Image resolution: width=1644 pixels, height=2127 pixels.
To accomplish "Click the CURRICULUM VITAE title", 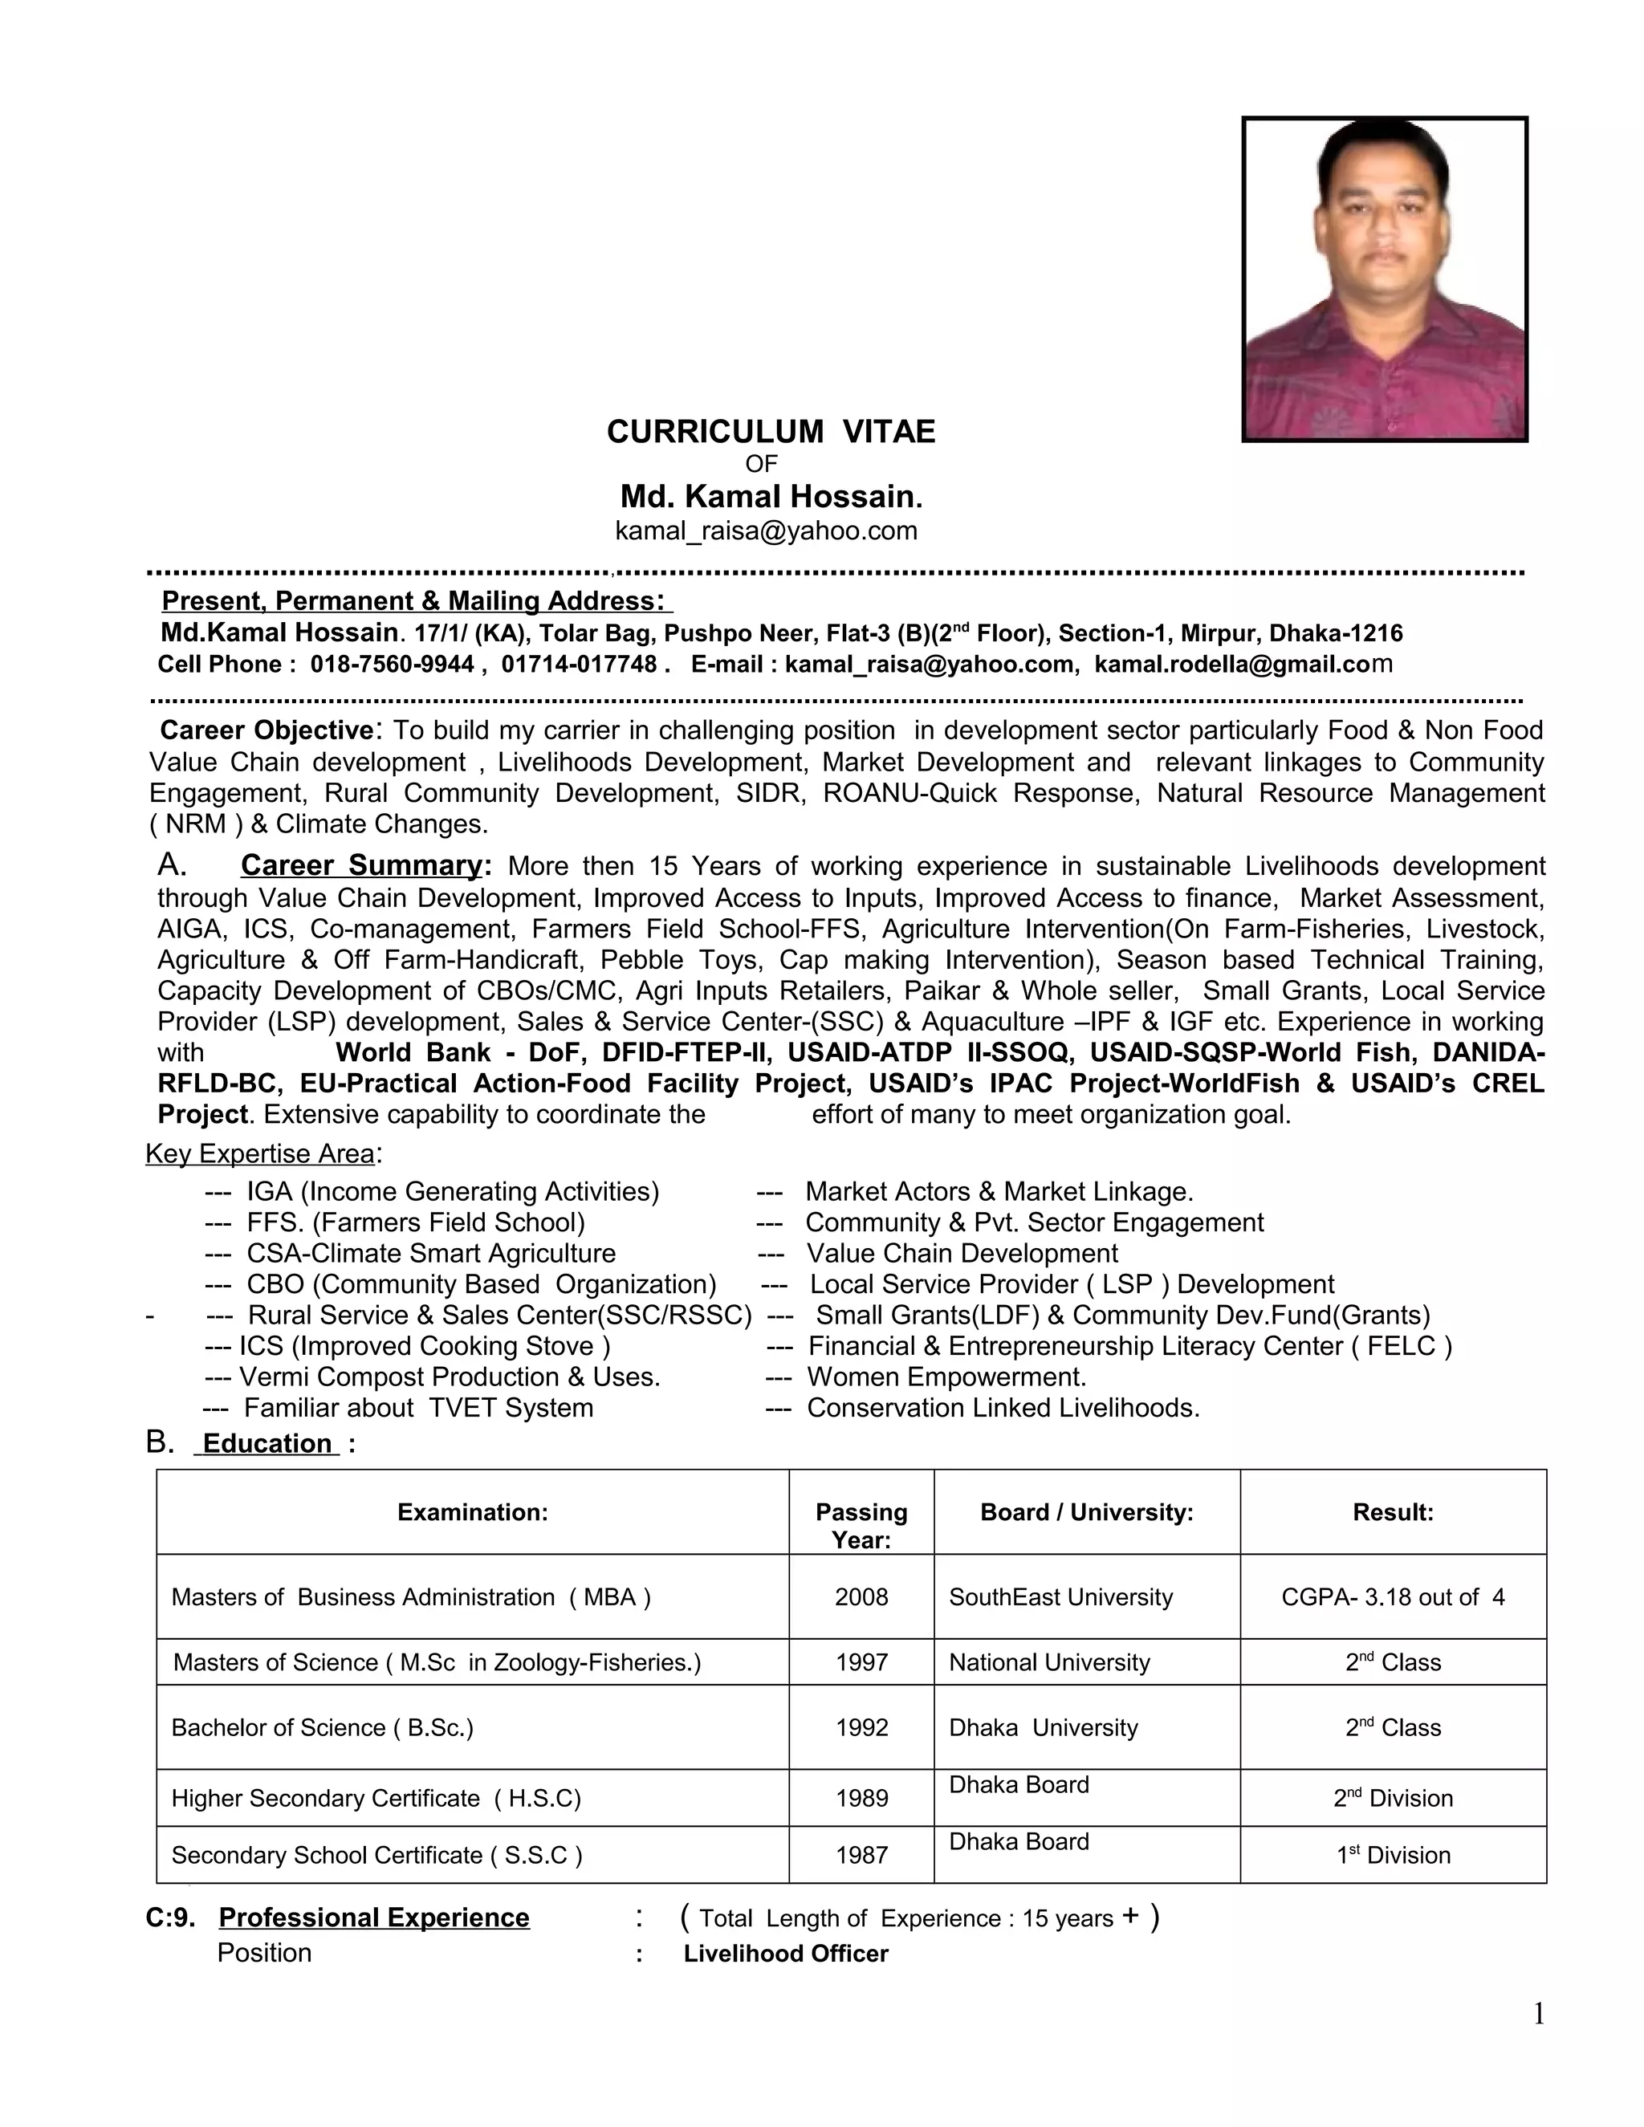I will point(771,432).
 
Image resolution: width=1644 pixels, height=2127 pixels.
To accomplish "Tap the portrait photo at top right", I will point(1384,279).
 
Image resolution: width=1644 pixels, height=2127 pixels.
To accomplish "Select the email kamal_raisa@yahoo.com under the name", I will point(766,531).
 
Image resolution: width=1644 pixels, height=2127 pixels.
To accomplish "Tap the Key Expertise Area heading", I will point(260,1154).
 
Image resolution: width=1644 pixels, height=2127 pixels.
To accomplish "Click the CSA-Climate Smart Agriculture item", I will point(430,1254).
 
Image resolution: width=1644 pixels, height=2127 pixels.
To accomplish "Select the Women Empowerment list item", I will point(946,1377).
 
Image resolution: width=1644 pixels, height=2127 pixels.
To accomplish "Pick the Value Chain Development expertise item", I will point(961,1254).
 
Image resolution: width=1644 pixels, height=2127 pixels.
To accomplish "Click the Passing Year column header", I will point(861,1525).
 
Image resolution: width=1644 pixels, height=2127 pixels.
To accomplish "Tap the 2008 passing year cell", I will point(861,1597).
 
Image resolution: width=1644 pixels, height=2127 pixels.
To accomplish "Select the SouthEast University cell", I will point(1060,1597).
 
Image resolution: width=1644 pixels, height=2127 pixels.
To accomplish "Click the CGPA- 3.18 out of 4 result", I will point(1392,1597).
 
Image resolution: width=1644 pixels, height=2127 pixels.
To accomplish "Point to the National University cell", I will point(1049,1662).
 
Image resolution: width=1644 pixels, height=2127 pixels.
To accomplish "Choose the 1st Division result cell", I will point(1392,1855).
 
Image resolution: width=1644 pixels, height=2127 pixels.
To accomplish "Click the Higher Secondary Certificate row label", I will point(376,1798).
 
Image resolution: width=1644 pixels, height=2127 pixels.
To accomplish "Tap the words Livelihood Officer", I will point(785,1954).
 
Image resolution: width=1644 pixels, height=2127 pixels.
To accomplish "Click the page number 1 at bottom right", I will point(1538,2014).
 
